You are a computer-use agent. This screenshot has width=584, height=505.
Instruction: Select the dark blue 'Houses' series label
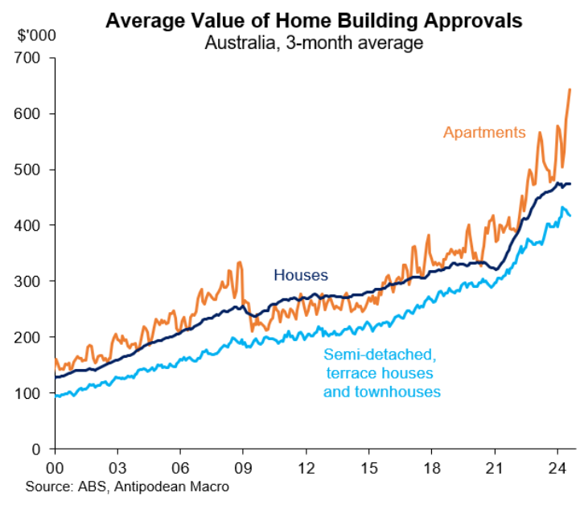pos(301,275)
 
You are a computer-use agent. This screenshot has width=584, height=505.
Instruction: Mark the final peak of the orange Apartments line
pos(570,89)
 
